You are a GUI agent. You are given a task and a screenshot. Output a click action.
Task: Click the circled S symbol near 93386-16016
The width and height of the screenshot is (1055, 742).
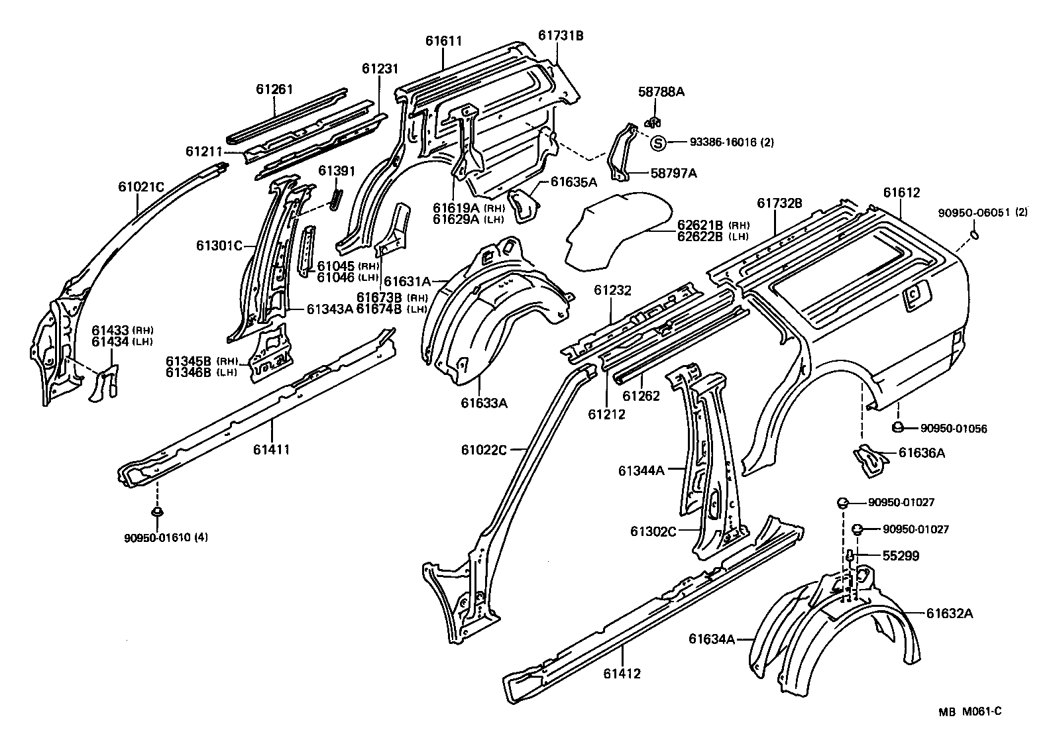pyautogui.click(x=657, y=142)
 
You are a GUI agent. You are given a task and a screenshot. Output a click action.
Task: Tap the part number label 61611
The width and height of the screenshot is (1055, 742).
pyautogui.click(x=443, y=40)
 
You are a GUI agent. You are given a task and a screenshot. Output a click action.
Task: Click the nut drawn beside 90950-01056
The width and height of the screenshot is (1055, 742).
pyautogui.click(x=897, y=427)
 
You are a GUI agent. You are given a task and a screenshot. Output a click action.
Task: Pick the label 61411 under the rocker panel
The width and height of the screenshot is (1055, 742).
pyautogui.click(x=271, y=450)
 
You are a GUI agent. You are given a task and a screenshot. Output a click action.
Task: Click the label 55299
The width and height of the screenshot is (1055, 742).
pyautogui.click(x=900, y=556)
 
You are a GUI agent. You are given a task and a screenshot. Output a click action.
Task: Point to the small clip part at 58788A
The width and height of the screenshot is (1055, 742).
pyautogui.click(x=653, y=122)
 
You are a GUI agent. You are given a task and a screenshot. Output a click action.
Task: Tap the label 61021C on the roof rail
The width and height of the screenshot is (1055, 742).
pyautogui.click(x=141, y=187)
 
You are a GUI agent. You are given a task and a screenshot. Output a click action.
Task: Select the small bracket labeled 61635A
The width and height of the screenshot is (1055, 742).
pyautogui.click(x=523, y=203)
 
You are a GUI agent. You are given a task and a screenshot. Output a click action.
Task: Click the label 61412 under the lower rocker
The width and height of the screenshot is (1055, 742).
pyautogui.click(x=622, y=674)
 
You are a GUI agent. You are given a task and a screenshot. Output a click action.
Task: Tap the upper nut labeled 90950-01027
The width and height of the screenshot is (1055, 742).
pyautogui.click(x=843, y=502)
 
